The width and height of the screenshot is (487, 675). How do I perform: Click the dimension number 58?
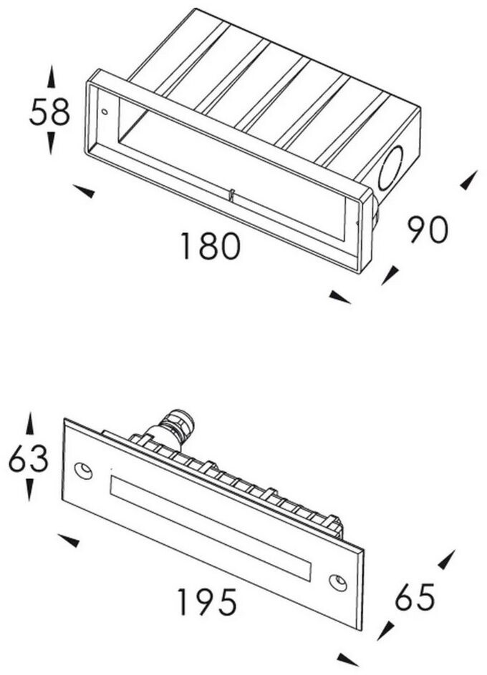pyautogui.click(x=49, y=112)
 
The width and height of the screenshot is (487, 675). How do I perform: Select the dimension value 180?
pyautogui.click(x=209, y=247)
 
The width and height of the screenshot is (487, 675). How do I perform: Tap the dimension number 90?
pyautogui.click(x=428, y=229)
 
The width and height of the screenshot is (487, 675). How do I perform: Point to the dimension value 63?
pyautogui.click(x=29, y=459)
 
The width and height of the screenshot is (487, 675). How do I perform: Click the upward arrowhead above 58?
pyautogui.click(x=51, y=77)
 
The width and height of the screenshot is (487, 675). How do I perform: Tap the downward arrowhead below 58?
pyautogui.click(x=51, y=142)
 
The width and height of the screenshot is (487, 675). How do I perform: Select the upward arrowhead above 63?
pyautogui.click(x=29, y=423)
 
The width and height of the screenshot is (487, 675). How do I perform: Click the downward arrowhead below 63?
pyautogui.click(x=29, y=490)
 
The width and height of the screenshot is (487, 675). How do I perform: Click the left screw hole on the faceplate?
pyautogui.click(x=84, y=470)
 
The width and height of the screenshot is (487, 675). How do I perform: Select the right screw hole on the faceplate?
pyautogui.click(x=337, y=582)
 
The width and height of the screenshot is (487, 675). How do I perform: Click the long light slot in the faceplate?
pyautogui.click(x=210, y=525)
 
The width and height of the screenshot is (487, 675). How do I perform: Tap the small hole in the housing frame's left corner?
pyautogui.click(x=105, y=112)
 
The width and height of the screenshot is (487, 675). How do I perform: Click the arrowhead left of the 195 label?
pyautogui.click(x=69, y=540)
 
